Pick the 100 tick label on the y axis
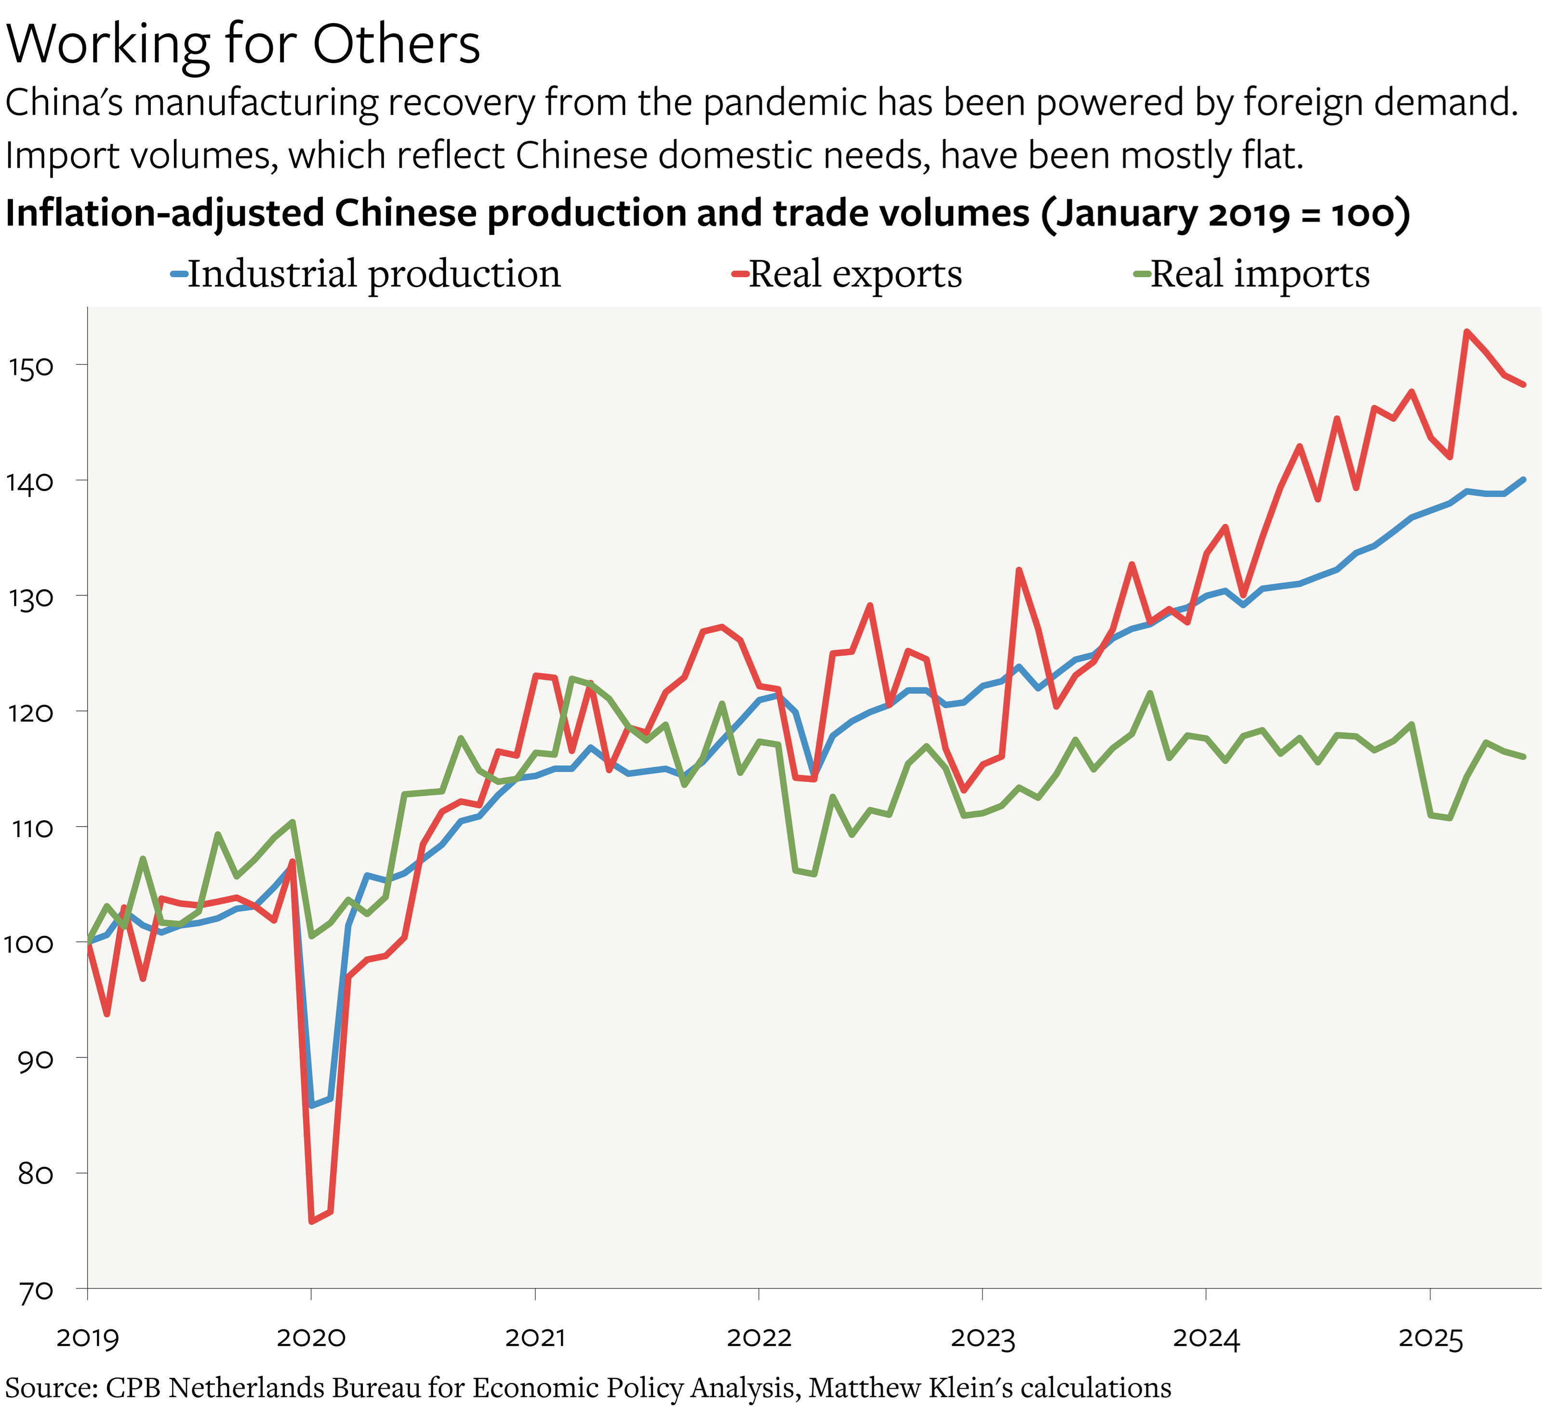pos(29,944)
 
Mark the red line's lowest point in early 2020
pos(311,1222)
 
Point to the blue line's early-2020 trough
pos(311,1105)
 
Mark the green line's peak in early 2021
pos(572,678)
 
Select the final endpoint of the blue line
pos(1524,480)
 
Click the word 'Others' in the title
pos(396,44)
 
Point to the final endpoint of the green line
pos(1524,756)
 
